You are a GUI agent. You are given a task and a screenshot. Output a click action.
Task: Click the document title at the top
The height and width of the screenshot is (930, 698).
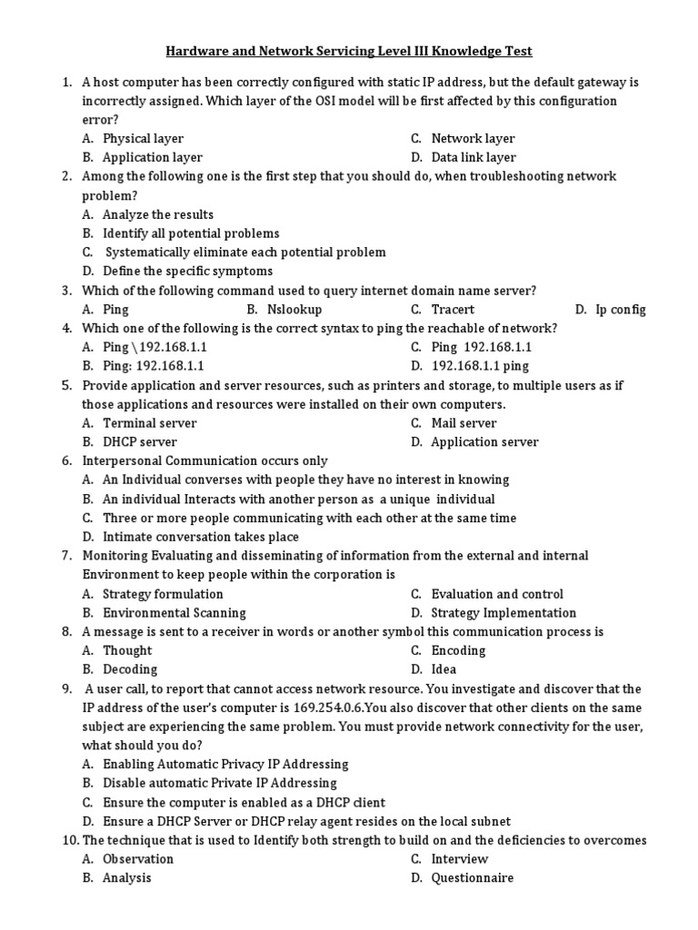tap(349, 52)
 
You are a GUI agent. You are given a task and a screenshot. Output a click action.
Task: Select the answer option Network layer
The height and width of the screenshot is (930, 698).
tap(473, 139)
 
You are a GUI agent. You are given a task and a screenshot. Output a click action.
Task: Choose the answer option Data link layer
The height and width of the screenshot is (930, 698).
tap(474, 158)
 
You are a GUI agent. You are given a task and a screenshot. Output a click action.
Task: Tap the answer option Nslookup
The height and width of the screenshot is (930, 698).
tap(295, 310)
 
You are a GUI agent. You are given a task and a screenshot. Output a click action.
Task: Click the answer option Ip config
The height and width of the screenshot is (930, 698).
tap(621, 310)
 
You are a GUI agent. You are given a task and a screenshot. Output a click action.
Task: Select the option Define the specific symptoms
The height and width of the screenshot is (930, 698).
tap(187, 272)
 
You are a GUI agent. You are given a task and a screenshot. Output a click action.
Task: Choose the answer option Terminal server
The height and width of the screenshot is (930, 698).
tap(149, 423)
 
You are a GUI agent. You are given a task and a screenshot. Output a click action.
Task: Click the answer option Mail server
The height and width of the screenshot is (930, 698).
tap(464, 423)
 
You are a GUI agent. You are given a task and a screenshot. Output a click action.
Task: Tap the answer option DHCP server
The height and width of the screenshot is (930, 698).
tap(140, 442)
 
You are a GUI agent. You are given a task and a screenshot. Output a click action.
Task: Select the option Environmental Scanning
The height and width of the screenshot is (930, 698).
tap(174, 613)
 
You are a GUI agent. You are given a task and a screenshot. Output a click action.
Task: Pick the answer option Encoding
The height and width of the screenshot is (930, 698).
tap(458, 650)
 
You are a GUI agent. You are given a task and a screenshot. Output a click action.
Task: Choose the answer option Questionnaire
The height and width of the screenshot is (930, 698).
tap(472, 878)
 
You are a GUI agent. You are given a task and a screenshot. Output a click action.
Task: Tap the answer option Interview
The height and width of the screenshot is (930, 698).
tap(459, 859)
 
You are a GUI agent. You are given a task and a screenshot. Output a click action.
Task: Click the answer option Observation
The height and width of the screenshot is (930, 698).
tap(138, 859)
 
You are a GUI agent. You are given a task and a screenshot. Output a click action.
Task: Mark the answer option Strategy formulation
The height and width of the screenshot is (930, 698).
tap(163, 594)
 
